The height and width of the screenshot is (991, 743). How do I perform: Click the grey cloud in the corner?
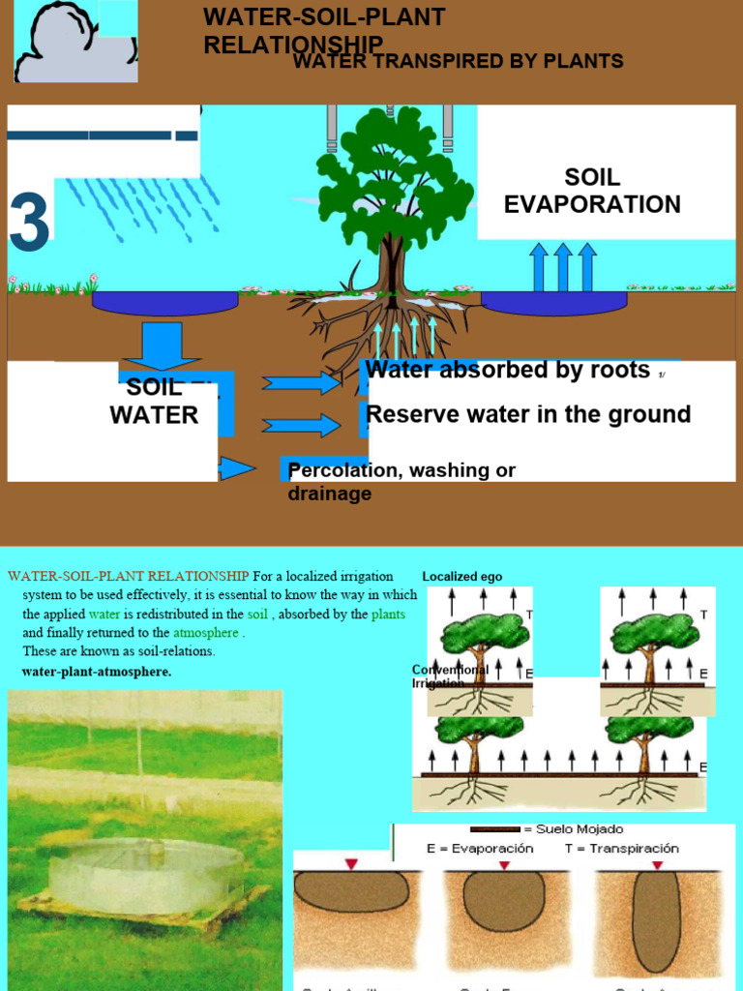[x=73, y=45]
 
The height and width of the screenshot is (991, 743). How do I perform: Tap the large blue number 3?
[x=29, y=223]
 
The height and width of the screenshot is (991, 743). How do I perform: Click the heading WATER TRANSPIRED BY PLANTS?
[x=458, y=62]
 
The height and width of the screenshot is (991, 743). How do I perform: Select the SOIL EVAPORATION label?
[x=592, y=191]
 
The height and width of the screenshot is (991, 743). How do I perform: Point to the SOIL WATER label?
[x=154, y=402]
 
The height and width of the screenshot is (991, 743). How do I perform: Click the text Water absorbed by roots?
[x=508, y=370]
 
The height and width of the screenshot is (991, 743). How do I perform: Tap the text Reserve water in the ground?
[x=528, y=414]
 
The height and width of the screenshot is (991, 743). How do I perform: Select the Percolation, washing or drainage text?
[x=401, y=481]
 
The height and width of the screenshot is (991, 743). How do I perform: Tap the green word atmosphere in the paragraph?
[x=206, y=633]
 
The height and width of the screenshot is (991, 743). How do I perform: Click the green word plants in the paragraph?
[x=388, y=614]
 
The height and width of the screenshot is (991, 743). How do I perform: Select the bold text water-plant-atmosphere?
[x=96, y=672]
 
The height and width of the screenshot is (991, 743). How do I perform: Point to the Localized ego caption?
[x=462, y=577]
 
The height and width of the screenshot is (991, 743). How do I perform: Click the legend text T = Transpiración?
[x=622, y=848]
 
